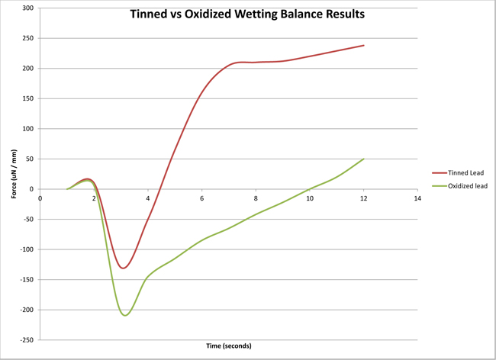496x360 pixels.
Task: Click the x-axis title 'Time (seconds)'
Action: pos(229,346)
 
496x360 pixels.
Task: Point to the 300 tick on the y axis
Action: pos(28,8)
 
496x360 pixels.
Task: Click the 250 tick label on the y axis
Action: pos(28,38)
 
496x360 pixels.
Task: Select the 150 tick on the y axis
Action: pos(28,98)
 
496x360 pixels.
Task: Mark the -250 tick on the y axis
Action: pos(27,340)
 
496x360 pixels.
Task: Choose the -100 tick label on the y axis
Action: pos(27,249)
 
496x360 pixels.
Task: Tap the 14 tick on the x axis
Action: pos(417,198)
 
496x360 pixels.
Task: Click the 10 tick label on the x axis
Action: pos(310,198)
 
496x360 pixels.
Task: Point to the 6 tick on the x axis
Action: pos(202,198)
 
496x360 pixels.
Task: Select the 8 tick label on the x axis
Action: pos(256,198)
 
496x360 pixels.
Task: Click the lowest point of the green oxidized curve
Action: pos(125,315)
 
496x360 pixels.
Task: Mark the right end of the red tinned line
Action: pos(364,45)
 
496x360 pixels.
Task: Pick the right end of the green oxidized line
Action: pos(364,159)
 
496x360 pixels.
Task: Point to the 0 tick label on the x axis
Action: pos(40,198)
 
